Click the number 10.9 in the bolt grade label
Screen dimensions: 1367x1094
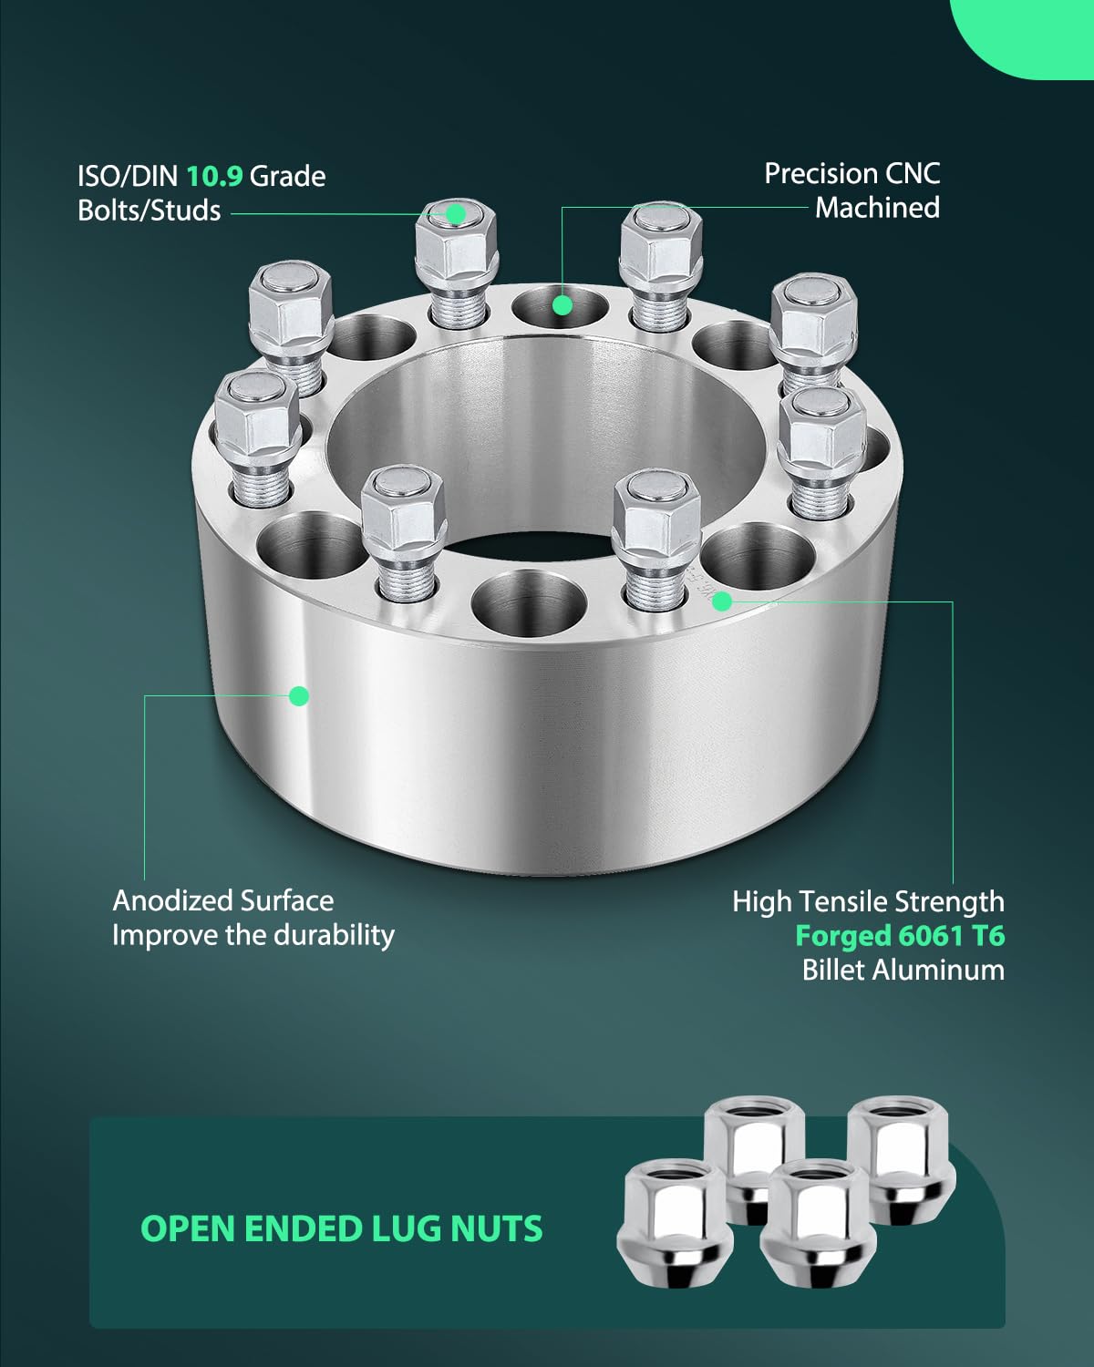click(x=214, y=175)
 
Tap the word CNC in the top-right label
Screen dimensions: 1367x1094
click(x=911, y=173)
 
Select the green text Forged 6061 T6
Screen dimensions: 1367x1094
click(x=900, y=935)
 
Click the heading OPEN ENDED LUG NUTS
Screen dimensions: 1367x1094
click(x=342, y=1228)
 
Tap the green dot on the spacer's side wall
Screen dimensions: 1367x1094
click(x=298, y=696)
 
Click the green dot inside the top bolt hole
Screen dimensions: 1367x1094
click(x=562, y=305)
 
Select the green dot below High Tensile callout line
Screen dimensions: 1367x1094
click(x=722, y=601)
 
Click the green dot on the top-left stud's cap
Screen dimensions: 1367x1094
click(x=456, y=214)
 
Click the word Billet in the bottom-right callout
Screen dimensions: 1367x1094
click(x=833, y=970)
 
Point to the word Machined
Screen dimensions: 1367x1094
click(x=877, y=208)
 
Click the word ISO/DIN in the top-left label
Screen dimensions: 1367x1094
click(x=128, y=175)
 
